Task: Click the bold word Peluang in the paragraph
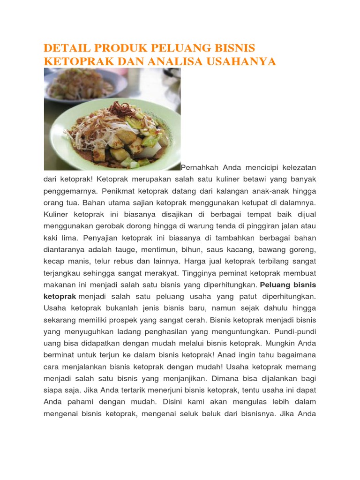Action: tap(275, 285)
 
